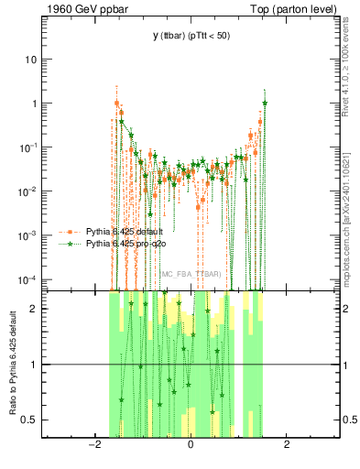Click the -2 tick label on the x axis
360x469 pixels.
coord(93,445)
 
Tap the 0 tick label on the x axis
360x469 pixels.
coord(191,445)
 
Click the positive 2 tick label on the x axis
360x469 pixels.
coord(287,445)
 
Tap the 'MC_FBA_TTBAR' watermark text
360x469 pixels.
coord(191,274)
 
